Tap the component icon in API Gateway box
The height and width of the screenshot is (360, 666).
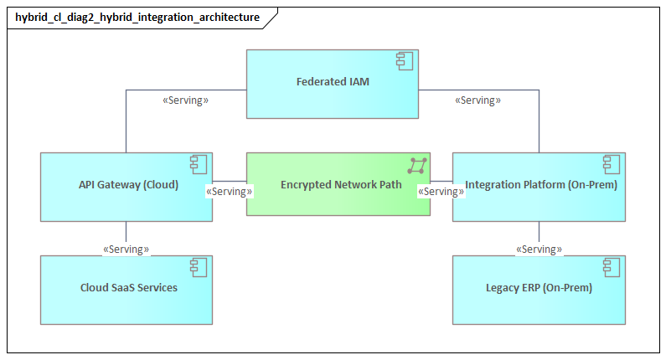pos(199,164)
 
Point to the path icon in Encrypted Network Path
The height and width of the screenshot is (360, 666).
pos(416,164)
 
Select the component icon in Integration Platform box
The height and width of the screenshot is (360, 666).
pos(612,164)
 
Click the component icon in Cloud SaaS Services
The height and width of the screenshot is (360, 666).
pos(199,267)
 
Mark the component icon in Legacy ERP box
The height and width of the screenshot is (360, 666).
pos(612,267)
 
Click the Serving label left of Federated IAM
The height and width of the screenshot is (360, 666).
pos(185,100)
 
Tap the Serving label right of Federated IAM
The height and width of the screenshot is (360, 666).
pos(478,100)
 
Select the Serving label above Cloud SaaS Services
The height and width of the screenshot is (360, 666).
pos(126,249)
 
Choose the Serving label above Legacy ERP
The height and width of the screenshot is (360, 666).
pos(539,249)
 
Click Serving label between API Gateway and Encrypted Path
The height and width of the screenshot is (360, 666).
pos(230,191)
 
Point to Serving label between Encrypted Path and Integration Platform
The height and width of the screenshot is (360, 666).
pos(441,191)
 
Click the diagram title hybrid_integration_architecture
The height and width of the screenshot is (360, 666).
pos(137,17)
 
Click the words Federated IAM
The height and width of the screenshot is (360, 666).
pos(333,82)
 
